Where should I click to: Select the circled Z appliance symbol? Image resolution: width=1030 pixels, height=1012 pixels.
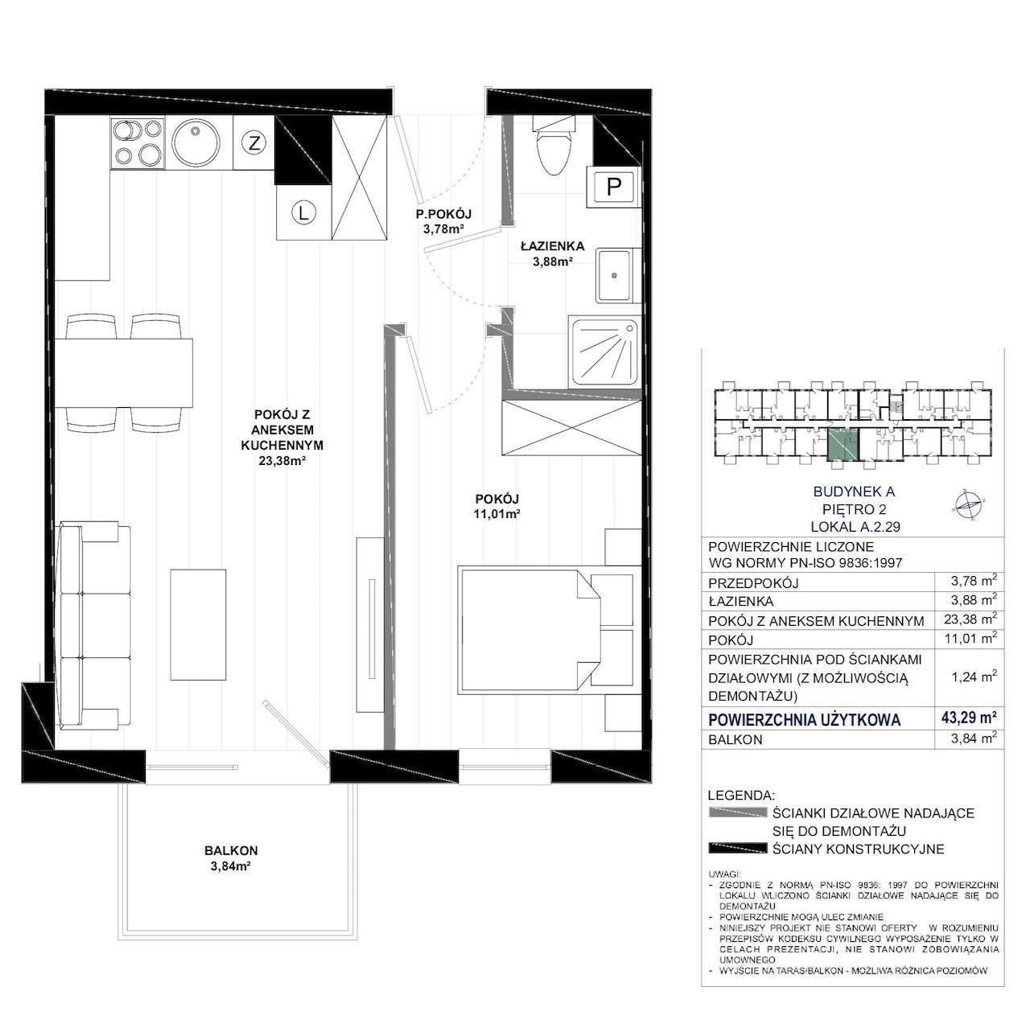(x=254, y=142)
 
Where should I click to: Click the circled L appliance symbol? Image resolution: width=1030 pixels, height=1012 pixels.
(x=303, y=213)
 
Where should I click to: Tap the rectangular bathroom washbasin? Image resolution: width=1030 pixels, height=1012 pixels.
(x=615, y=275)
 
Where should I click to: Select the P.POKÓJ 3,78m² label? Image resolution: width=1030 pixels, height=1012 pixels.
(x=443, y=222)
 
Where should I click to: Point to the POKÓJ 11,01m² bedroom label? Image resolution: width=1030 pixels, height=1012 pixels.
(x=497, y=506)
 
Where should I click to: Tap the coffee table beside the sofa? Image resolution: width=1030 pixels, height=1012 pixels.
(x=198, y=625)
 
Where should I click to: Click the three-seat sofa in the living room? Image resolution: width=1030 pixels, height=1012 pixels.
(x=93, y=625)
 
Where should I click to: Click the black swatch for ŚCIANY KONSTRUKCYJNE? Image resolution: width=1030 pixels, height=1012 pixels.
(x=737, y=849)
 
